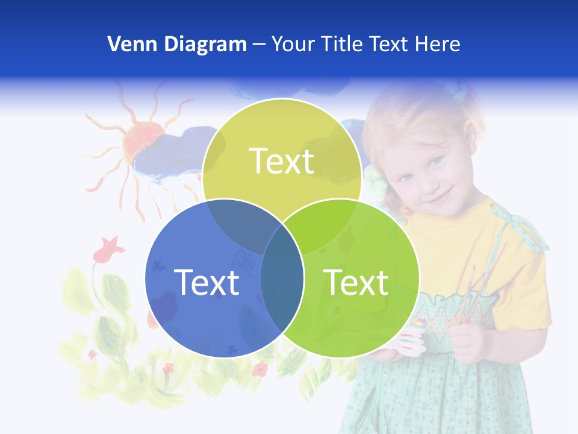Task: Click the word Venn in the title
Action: (128, 44)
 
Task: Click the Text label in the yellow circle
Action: (282, 161)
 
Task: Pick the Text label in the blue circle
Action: (207, 282)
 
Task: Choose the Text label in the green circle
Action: (356, 282)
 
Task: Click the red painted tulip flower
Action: (109, 248)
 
